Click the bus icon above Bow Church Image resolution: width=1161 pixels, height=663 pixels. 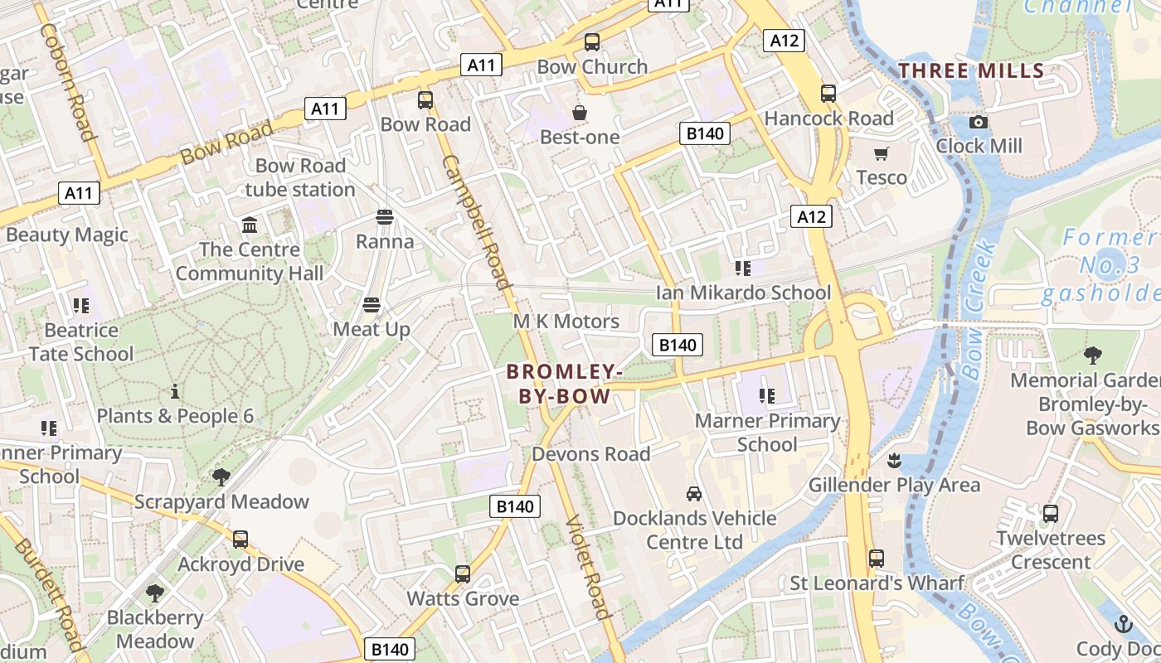tap(592, 42)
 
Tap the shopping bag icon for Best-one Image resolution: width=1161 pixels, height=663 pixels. tap(580, 113)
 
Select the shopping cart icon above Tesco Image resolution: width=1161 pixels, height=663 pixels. tap(881, 154)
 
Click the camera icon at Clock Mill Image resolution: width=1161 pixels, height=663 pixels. tap(979, 122)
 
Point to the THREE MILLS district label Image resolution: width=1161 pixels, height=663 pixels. tap(971, 70)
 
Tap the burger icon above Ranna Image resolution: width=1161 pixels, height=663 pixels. tap(384, 217)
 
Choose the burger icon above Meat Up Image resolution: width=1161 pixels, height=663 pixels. tap(372, 305)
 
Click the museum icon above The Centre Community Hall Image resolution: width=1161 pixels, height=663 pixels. tap(249, 225)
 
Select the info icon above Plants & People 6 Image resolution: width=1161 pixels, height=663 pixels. tap(175, 391)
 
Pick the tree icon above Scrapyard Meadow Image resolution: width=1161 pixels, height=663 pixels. tap(221, 477)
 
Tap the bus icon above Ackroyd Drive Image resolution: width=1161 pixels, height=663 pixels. tap(240, 540)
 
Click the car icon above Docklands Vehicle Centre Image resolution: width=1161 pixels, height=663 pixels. tap(694, 494)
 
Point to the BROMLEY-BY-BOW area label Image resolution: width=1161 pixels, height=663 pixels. tap(565, 384)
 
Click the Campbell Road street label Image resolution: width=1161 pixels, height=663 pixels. tap(477, 221)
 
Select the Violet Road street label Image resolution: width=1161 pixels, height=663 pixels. tap(589, 567)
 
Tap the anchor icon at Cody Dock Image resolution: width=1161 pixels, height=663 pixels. tap(1124, 623)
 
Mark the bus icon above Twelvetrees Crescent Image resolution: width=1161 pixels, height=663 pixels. tap(1051, 514)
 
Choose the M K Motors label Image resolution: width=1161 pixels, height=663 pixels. tap(566, 322)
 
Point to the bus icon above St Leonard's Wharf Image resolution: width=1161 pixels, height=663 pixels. tap(877, 559)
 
